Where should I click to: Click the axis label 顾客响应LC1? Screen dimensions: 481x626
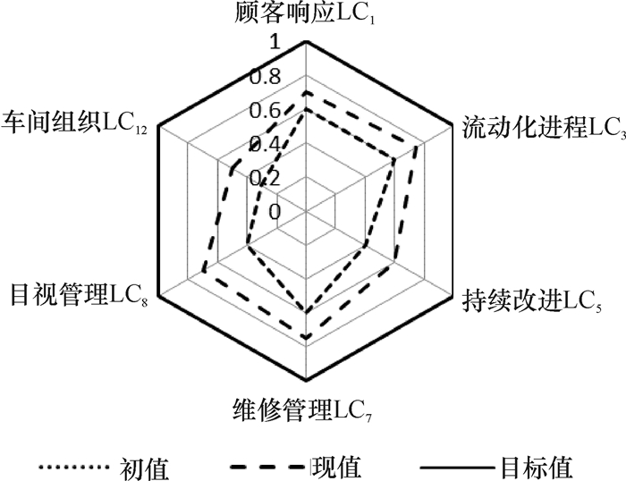tap(305, 13)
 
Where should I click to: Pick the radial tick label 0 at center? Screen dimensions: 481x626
tap(274, 212)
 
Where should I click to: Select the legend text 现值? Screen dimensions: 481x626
tap(337, 466)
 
